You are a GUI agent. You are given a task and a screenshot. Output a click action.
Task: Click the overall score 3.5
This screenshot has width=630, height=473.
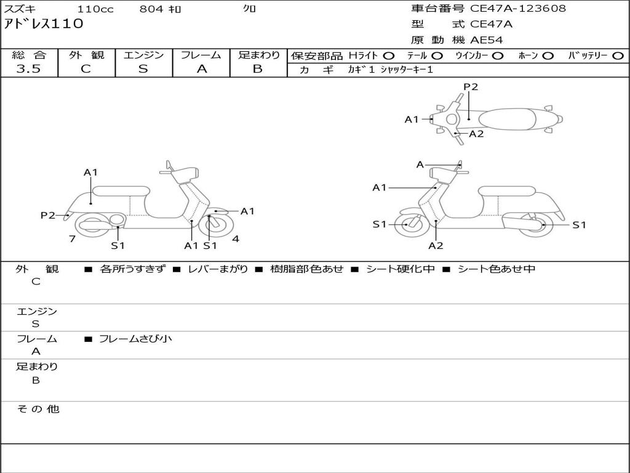click(28, 69)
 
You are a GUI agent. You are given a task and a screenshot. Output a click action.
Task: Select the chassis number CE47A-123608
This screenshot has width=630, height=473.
click(518, 9)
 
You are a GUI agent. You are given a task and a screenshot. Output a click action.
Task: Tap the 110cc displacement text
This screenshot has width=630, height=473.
click(95, 9)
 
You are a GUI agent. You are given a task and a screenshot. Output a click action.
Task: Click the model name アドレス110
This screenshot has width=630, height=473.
click(44, 24)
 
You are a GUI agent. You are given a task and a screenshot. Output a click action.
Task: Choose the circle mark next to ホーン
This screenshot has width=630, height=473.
click(548, 56)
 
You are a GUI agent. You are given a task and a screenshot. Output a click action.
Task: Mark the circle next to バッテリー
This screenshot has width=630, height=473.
click(618, 56)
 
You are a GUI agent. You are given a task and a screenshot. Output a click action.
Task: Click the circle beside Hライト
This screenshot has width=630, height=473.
click(389, 56)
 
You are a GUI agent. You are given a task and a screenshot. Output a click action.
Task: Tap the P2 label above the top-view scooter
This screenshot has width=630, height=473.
click(471, 87)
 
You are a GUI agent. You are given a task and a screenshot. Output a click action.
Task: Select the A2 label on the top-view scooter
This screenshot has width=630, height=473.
click(477, 134)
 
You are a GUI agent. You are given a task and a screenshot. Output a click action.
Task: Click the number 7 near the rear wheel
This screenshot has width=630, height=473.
click(73, 239)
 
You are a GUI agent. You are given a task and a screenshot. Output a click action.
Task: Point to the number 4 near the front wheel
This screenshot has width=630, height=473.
click(236, 239)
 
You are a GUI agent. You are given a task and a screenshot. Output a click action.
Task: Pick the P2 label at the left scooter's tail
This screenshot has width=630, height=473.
click(48, 216)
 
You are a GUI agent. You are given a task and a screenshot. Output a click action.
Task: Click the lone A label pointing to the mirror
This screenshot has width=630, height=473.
click(420, 164)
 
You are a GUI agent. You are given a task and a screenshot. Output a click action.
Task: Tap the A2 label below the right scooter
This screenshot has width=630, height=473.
click(436, 246)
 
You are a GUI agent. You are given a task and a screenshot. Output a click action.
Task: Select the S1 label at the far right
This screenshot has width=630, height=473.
click(579, 225)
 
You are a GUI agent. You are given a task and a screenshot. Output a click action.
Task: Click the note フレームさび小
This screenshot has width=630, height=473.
click(135, 339)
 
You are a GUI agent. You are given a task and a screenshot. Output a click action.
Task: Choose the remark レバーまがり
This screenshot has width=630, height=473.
click(218, 269)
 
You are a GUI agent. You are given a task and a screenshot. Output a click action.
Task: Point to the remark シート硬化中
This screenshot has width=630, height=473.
click(401, 269)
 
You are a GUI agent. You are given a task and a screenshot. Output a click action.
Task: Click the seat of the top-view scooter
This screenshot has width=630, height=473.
click(507, 119)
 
